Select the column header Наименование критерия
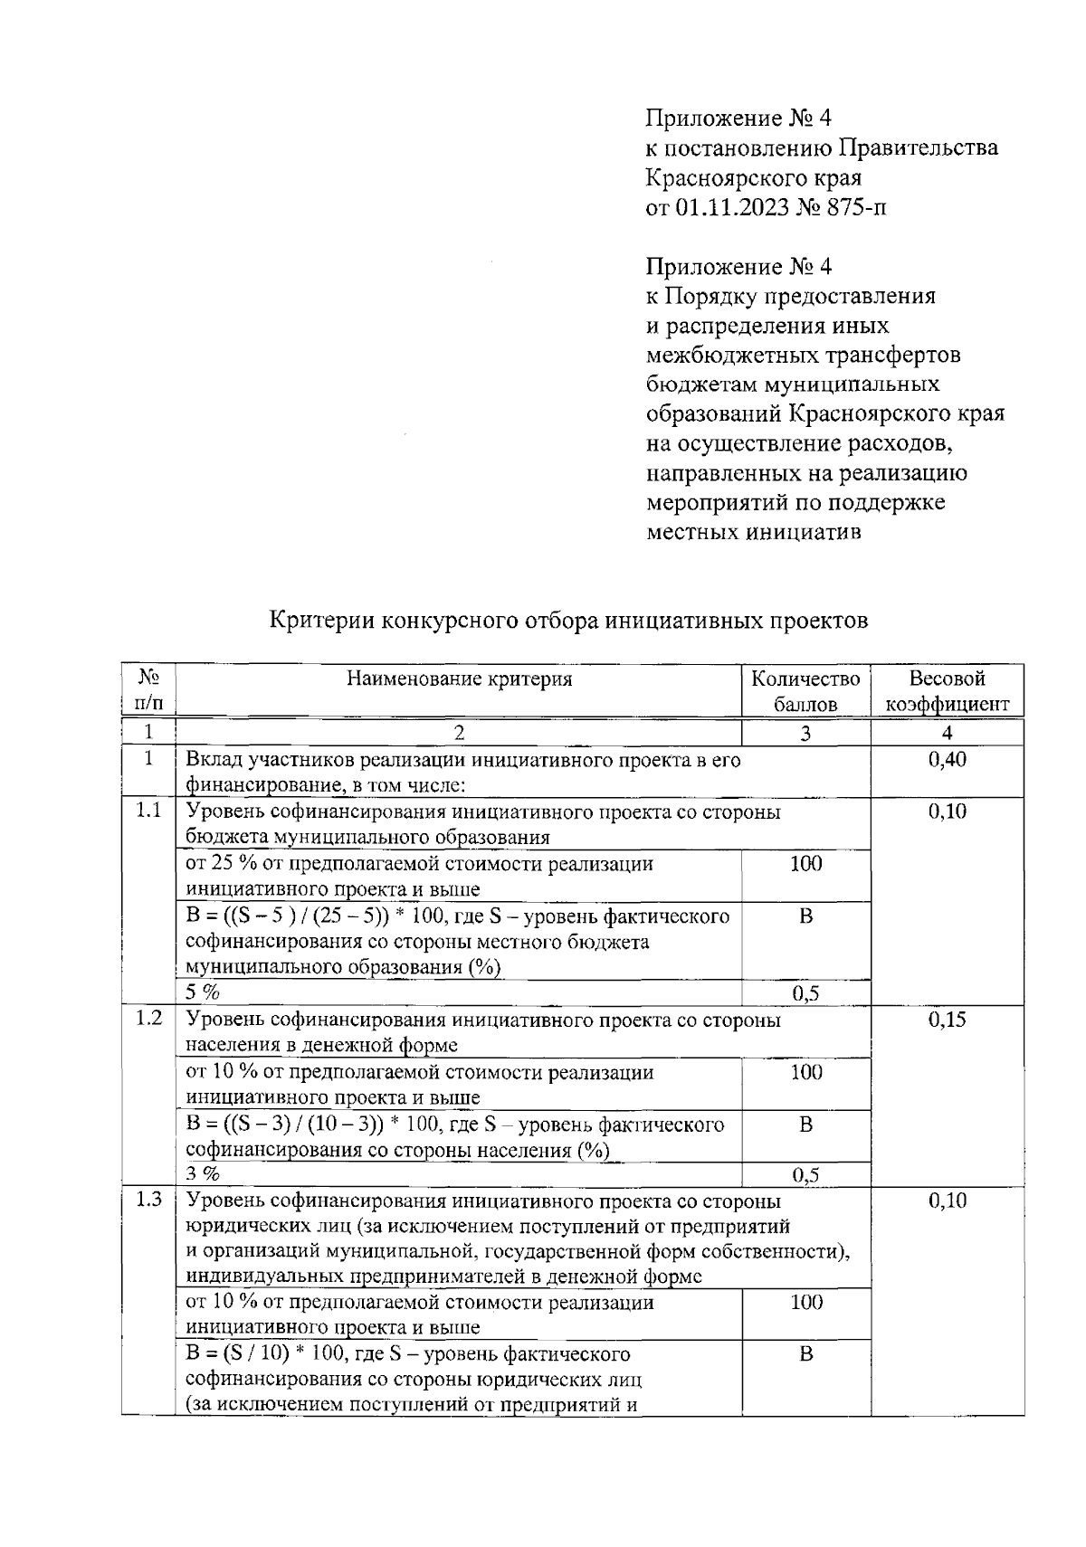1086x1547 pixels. tap(459, 679)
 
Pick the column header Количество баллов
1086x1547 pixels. tap(805, 691)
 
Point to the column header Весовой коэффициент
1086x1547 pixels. tap(947, 691)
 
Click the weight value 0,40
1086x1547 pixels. tap(947, 760)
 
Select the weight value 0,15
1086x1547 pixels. tap(947, 1020)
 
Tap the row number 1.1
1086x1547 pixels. tap(148, 811)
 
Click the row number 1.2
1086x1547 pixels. tap(148, 1019)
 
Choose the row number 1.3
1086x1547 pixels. tap(148, 1201)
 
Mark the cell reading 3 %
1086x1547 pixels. tap(204, 1174)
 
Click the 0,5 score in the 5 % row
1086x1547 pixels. tap(805, 994)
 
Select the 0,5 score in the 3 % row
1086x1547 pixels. tap(805, 1175)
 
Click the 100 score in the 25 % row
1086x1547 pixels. tap(805, 864)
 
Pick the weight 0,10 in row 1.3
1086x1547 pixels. tap(947, 1201)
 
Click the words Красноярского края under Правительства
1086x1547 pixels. tap(753, 177)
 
